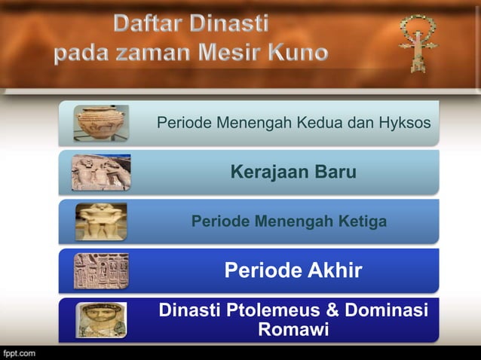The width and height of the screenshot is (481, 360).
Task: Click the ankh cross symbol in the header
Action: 411,42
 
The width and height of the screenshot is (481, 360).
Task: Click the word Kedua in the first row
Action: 314,123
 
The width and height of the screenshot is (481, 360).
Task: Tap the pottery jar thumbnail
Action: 101,122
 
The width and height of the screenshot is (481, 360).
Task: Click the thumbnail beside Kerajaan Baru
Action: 101,172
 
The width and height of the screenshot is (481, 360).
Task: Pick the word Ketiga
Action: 362,221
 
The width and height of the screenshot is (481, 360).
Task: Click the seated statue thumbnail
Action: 101,221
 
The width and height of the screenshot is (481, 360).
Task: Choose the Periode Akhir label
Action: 293,270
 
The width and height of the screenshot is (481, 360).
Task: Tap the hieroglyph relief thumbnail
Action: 101,270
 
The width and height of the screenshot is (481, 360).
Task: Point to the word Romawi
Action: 293,330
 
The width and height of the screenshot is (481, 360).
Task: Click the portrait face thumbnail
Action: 101,320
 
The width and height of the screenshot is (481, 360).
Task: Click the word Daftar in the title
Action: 147,25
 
